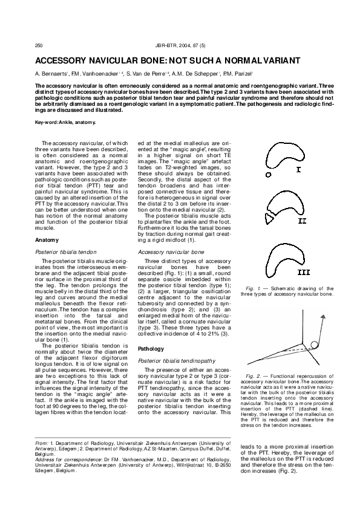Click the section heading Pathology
coord(151,349)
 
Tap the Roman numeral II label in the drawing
coord(301,221)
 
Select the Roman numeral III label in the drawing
coord(303,271)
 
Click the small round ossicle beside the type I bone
coord(268,173)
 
